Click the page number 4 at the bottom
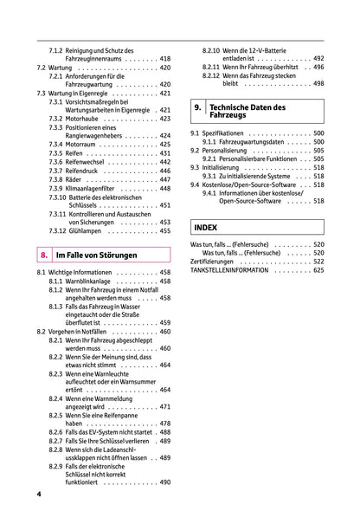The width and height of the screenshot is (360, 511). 40,494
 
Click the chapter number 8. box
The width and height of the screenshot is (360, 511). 43,255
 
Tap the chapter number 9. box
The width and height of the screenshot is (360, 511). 198,110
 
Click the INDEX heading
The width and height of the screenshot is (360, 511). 206,227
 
